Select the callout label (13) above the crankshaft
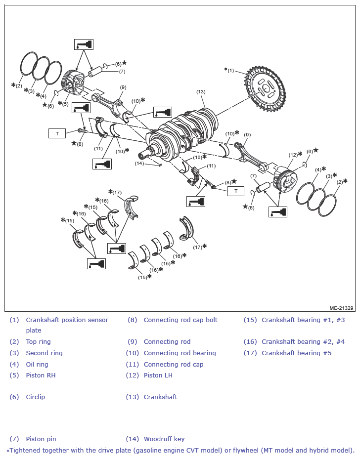coord(201,92)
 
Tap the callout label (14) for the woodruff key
coord(139,163)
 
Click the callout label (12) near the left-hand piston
coord(293,155)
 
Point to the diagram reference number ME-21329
coord(341,308)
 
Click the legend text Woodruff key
coord(164,439)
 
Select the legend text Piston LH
coord(158,375)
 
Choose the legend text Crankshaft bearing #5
coord(297,353)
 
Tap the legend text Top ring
coord(38,342)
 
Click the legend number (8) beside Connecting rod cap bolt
coord(132,320)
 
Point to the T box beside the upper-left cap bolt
coord(57,133)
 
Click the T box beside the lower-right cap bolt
coord(236,191)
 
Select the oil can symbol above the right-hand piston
coord(84,44)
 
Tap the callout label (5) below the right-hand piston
coord(65,104)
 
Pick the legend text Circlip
coord(36,397)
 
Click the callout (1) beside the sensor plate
coord(231,70)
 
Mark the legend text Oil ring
coord(37,364)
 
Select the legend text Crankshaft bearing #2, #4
coord(303,342)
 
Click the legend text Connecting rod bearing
coord(180,353)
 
